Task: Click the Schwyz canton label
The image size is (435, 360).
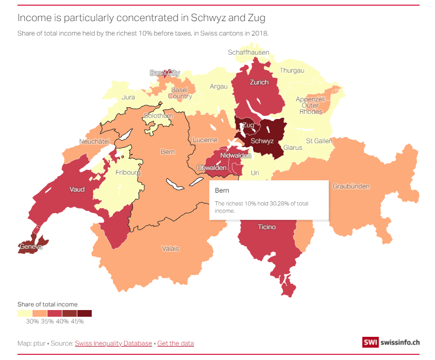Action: (262, 141)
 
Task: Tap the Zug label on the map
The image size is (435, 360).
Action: (248, 125)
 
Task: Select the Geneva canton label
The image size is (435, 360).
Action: (30, 247)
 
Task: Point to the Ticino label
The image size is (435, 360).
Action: (266, 227)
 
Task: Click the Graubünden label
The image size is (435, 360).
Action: (351, 186)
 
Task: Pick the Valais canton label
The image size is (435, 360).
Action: (171, 249)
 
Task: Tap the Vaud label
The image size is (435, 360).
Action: (77, 190)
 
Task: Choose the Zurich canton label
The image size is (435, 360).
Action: (259, 82)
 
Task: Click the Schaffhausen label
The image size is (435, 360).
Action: (248, 53)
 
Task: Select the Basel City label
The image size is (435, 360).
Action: (164, 73)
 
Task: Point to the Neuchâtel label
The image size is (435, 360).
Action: (94, 141)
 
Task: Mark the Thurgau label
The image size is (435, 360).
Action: (292, 71)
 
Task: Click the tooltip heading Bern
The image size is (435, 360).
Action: (222, 191)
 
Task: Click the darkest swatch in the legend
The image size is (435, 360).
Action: (84, 313)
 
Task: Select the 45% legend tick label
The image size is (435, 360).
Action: (77, 321)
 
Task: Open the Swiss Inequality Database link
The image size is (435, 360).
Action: (113, 343)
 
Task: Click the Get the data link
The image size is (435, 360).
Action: (175, 343)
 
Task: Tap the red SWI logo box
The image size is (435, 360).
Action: (370, 342)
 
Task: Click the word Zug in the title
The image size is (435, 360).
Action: (257, 18)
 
